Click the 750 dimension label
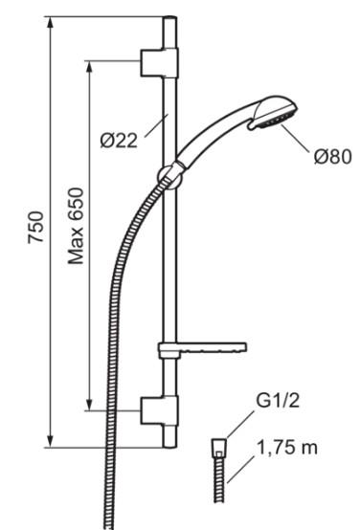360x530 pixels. (35, 227)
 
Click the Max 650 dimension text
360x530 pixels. (76, 226)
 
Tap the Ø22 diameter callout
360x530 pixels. (119, 141)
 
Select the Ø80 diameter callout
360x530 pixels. (333, 157)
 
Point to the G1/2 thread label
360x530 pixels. (278, 401)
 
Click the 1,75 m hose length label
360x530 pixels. (287, 448)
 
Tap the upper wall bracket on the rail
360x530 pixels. (159, 62)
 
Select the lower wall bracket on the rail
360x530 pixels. (159, 410)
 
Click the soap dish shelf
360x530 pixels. (202, 349)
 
